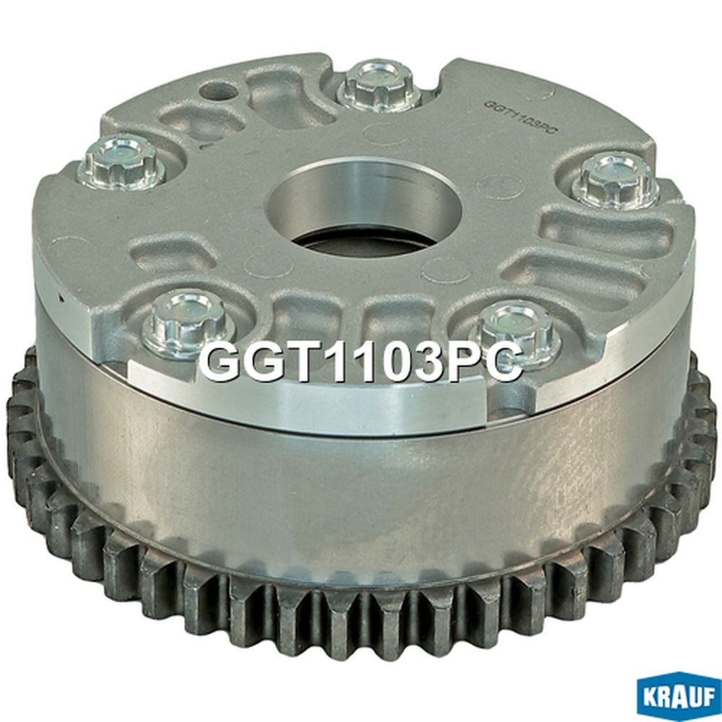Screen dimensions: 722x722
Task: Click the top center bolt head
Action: pyautogui.click(x=380, y=87)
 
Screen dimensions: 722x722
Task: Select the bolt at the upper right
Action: pyautogui.click(x=614, y=180)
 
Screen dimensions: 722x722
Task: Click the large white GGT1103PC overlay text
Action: pyautogui.click(x=360, y=364)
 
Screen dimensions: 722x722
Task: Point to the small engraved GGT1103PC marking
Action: pyautogui.click(x=521, y=118)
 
